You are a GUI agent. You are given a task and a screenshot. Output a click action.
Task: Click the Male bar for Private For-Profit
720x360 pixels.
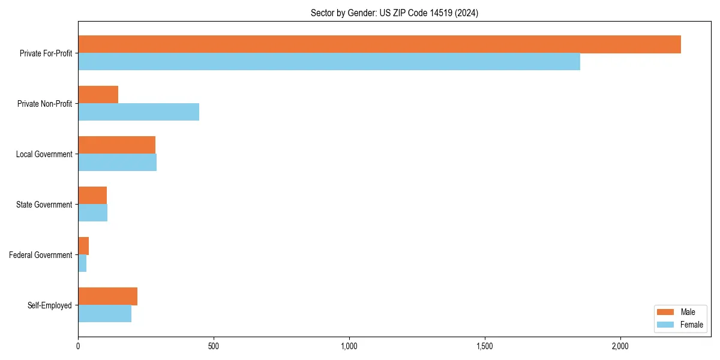click(x=379, y=44)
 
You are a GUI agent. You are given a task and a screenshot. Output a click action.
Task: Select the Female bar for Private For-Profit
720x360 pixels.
click(x=329, y=62)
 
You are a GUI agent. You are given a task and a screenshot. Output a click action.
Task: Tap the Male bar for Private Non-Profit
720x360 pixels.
click(x=98, y=95)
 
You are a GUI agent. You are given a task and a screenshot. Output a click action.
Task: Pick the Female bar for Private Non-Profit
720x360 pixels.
click(x=139, y=112)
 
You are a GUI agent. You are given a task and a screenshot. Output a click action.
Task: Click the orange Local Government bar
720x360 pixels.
click(x=116, y=145)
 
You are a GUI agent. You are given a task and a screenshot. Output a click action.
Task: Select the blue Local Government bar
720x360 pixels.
click(x=117, y=163)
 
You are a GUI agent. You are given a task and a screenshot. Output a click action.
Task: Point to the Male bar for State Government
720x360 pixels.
click(x=92, y=196)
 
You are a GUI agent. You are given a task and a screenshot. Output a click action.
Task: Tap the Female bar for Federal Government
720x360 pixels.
click(x=82, y=263)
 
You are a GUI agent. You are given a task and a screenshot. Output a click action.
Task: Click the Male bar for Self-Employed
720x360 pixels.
click(x=107, y=296)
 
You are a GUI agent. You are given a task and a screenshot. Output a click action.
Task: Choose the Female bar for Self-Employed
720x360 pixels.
click(x=104, y=314)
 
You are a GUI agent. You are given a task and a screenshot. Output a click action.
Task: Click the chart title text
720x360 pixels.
click(x=394, y=13)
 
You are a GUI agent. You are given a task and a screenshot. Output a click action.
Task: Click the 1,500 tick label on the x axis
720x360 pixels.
click(x=484, y=346)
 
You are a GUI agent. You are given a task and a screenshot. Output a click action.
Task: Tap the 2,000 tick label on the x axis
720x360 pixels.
click(x=620, y=346)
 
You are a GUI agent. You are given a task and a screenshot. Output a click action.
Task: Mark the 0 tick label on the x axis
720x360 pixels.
click(x=78, y=346)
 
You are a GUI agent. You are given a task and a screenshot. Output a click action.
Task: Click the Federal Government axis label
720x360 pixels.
click(x=41, y=255)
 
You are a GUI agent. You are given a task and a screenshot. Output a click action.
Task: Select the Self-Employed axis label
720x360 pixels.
click(x=50, y=305)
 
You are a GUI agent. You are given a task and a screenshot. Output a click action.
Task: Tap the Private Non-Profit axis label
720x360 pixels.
click(x=44, y=104)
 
